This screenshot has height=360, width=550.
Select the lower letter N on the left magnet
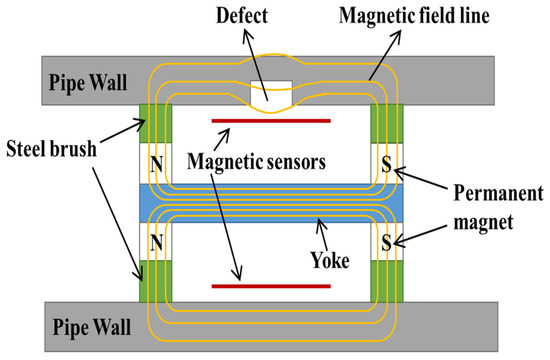(x=156, y=240)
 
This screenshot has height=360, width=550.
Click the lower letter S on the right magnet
(x=385, y=240)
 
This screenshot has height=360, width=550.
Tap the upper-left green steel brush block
(x=156, y=123)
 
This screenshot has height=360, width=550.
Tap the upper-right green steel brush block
(x=385, y=123)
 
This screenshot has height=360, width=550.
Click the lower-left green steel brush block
(x=156, y=281)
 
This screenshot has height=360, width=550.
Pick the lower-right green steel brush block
(x=385, y=281)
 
